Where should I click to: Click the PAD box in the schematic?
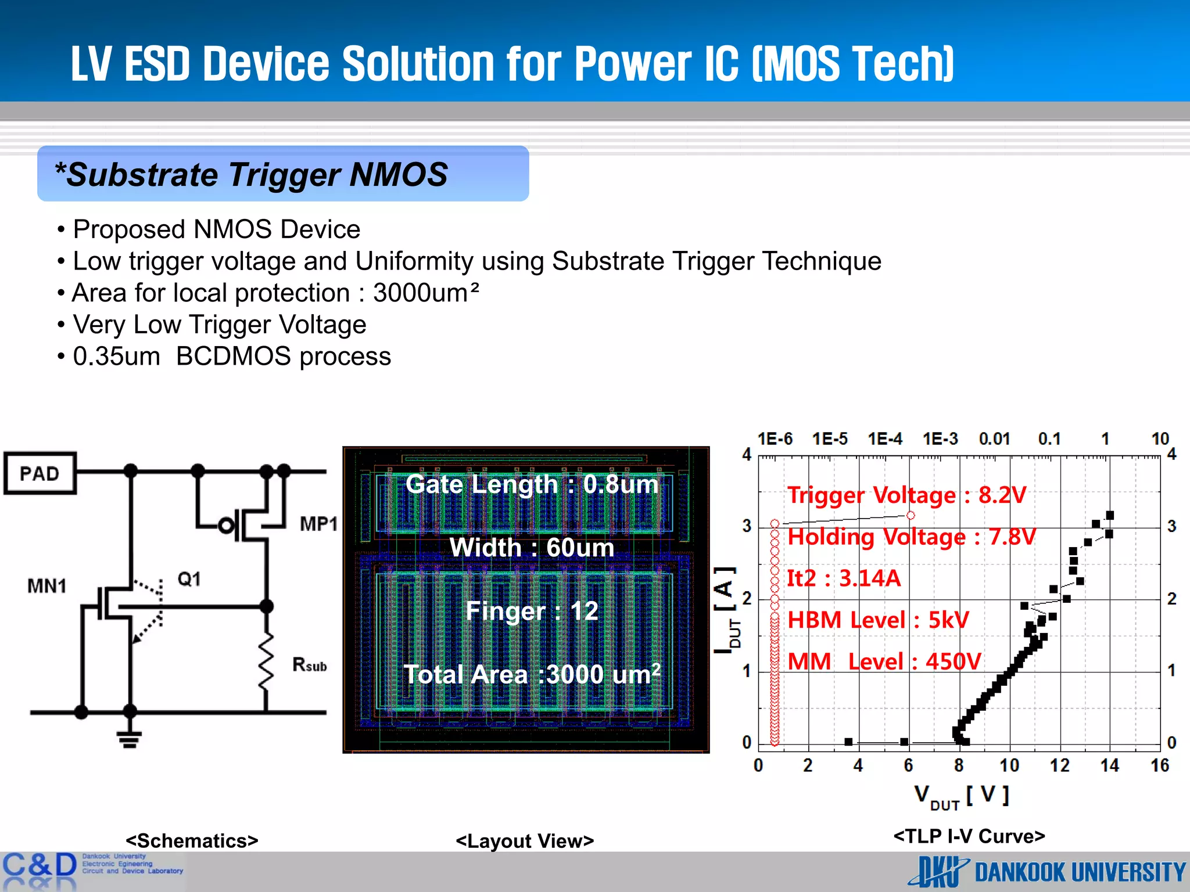click(40, 473)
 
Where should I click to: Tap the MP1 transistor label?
click(318, 524)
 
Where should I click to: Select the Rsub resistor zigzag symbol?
click(266, 662)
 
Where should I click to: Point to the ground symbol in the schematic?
click(129, 739)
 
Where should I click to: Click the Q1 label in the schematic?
click(189, 579)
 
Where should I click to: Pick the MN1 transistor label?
click(46, 586)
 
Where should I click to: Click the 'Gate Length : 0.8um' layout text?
click(532, 484)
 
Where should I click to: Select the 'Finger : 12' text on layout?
click(532, 611)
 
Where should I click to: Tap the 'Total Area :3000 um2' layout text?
click(532, 674)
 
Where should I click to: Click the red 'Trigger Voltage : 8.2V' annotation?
click(906, 495)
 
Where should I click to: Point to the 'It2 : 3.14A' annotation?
click(843, 578)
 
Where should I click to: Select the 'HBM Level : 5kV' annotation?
click(878, 620)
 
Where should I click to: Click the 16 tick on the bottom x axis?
click(1160, 765)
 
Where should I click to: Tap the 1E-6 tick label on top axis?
click(775, 439)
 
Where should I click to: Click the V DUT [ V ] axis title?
click(962, 796)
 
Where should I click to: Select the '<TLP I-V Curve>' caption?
click(969, 836)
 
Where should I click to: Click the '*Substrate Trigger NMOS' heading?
click(251, 175)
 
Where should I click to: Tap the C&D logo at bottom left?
click(40, 866)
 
